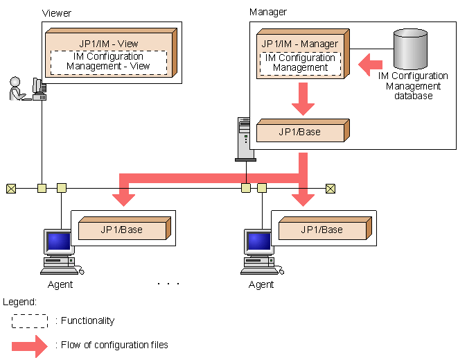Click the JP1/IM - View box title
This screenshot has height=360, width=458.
(108, 43)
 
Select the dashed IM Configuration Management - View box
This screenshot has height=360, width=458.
(109, 62)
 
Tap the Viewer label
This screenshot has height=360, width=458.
(57, 13)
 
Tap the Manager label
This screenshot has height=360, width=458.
(267, 12)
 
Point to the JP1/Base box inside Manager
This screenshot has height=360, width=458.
(300, 132)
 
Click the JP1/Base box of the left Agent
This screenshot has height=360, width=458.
(121, 229)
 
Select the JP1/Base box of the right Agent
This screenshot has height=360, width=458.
(322, 229)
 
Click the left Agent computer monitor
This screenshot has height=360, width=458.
(59, 241)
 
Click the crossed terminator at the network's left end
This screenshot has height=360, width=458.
(11, 187)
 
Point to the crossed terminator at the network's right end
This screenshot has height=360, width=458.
(330, 187)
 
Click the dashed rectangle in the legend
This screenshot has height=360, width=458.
(29, 320)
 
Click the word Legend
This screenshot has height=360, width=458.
(20, 302)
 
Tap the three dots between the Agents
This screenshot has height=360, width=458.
(168, 284)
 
